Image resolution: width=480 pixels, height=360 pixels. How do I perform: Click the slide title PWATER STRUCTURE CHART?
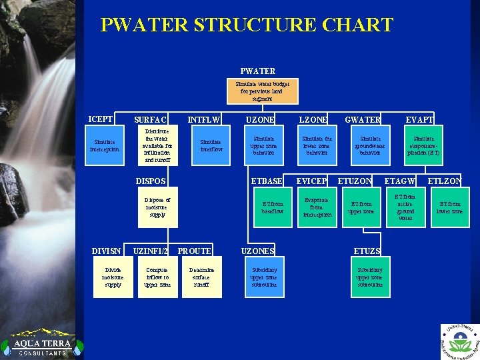[247, 25]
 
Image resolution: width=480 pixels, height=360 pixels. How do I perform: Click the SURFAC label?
[151, 120]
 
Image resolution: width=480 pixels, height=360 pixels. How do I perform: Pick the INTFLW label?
[204, 120]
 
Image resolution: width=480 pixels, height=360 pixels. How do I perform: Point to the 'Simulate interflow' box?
[211, 145]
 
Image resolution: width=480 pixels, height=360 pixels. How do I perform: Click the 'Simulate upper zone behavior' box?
[262, 145]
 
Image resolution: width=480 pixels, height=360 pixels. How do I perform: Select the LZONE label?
[313, 120]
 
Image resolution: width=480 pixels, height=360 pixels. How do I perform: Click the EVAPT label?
[420, 120]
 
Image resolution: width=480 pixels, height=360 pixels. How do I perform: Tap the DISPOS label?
[151, 181]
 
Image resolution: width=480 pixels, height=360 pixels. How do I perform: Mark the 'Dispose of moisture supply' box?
[157, 207]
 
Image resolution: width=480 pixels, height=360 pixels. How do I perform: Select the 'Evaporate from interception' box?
[317, 207]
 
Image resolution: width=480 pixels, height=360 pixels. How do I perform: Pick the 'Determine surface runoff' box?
[202, 277]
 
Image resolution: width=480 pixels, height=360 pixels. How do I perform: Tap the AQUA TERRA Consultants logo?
[36, 343]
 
